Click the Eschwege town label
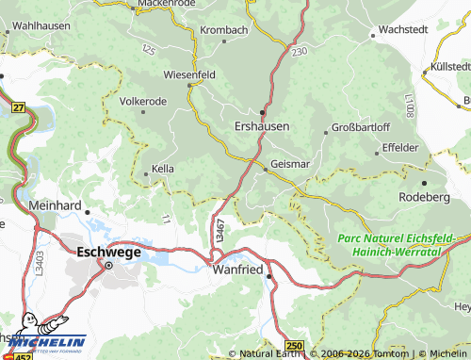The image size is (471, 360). [108, 252]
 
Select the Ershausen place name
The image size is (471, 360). [261, 125]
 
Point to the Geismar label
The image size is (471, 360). [289, 164]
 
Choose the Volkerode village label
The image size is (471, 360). [142, 101]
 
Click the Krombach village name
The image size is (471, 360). [223, 30]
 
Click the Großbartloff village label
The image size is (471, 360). [362, 128]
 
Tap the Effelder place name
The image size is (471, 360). [400, 147]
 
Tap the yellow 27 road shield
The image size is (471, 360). [19, 107]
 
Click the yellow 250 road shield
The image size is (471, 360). [295, 348]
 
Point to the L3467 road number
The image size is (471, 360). [219, 232]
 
